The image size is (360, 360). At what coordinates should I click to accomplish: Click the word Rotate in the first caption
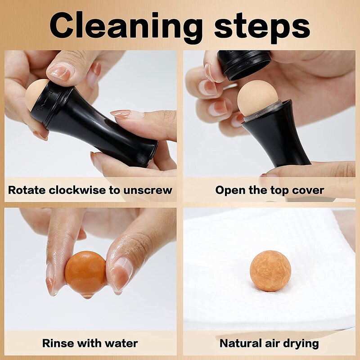tap(25, 190)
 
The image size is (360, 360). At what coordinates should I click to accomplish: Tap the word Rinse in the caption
tap(58, 343)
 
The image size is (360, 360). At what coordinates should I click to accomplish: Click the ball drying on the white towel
tap(270, 271)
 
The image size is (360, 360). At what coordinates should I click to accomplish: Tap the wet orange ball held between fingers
tap(85, 273)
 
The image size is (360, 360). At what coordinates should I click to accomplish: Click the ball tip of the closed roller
tap(36, 94)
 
